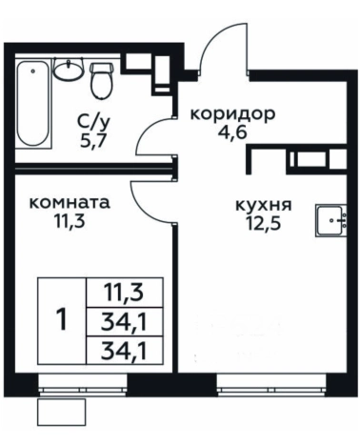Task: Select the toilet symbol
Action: [x=101, y=80]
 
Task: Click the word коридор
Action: [x=232, y=113]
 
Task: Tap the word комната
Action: [x=68, y=203]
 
